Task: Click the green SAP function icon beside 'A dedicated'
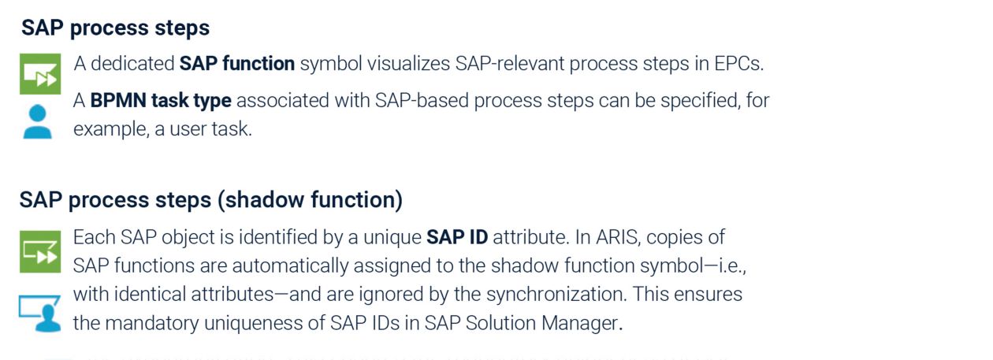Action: (x=40, y=74)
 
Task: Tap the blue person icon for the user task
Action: (x=37, y=122)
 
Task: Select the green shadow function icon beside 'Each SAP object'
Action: (x=40, y=252)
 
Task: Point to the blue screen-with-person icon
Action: (x=40, y=313)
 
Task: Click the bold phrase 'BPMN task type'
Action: (x=161, y=101)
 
